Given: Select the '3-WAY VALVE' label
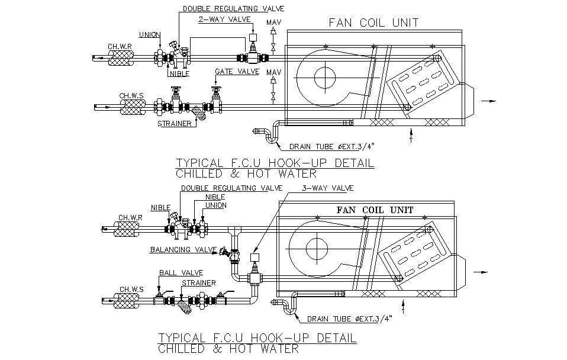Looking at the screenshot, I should (327, 188).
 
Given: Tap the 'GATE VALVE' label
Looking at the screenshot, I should (237, 72).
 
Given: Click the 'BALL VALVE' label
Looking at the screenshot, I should (181, 272).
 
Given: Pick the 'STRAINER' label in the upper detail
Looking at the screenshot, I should (174, 124).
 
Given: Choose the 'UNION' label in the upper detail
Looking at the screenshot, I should (148, 34).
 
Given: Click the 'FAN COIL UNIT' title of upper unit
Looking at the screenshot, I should (373, 23).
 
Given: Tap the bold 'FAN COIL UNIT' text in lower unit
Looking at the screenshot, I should (375, 210).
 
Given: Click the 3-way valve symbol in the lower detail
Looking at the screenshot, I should (256, 277).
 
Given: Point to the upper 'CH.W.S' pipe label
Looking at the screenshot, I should (130, 95).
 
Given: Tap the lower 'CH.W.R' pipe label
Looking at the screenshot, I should (130, 217).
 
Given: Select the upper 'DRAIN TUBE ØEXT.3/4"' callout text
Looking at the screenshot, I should (333, 146).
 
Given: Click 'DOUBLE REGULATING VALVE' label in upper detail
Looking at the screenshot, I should (233, 8).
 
